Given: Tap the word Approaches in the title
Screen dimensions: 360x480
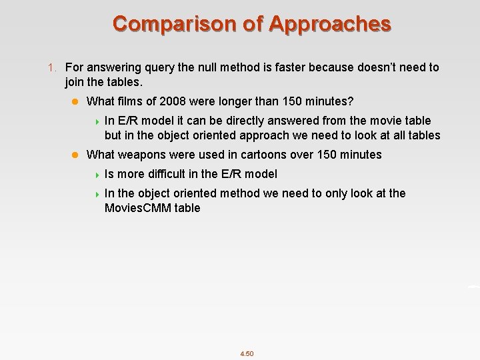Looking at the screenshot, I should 330,24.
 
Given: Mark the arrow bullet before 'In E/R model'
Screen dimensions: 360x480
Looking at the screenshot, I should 97,121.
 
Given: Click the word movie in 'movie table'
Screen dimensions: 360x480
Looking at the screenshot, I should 382,121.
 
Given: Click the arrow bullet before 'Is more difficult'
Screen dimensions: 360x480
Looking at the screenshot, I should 97,175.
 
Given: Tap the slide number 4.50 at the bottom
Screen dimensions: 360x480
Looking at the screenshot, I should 247,353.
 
